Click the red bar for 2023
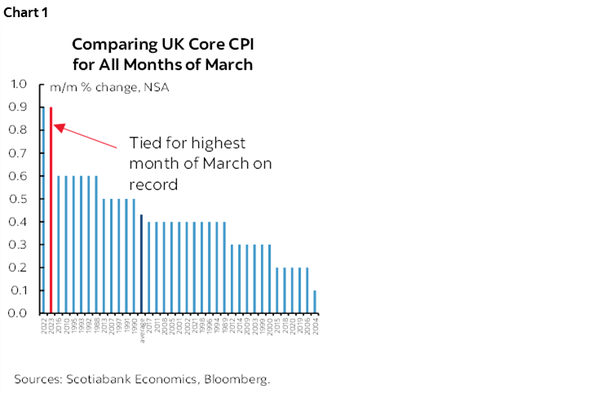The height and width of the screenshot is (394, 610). pyautogui.click(x=51, y=210)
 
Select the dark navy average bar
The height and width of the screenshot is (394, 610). pyautogui.click(x=141, y=263)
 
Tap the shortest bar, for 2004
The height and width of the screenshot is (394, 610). pyautogui.click(x=316, y=301)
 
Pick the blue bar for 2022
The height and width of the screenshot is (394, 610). pyautogui.click(x=43, y=210)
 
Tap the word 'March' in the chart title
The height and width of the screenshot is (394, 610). pyautogui.click(x=230, y=64)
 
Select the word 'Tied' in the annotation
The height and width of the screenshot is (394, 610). pyautogui.click(x=144, y=144)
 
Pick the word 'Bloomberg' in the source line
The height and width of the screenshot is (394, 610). pyautogui.click(x=239, y=379)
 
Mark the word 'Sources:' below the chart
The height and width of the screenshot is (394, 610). pyautogui.click(x=38, y=379)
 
